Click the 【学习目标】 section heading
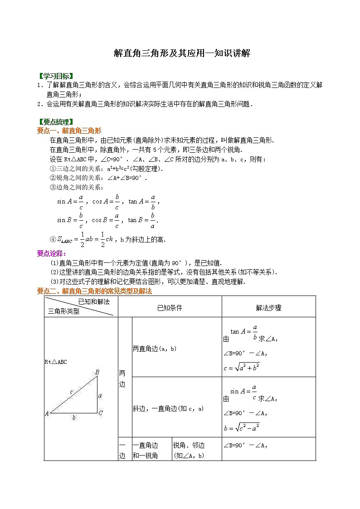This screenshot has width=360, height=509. pyautogui.click(x=55, y=76)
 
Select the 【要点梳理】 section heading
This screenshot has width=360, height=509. pyautogui.click(x=55, y=122)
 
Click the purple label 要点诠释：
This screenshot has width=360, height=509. pyautogui.click(x=52, y=253)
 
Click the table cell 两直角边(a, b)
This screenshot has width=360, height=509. pyautogui.click(x=154, y=349)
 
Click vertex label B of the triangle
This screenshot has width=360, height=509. pyautogui.click(x=97, y=373)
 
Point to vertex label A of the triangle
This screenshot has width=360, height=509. pyautogui.click(x=47, y=413)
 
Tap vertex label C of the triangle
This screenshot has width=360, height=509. pyautogui.click(x=101, y=413)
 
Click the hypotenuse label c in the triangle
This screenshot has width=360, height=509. pyautogui.click(x=71, y=391)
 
